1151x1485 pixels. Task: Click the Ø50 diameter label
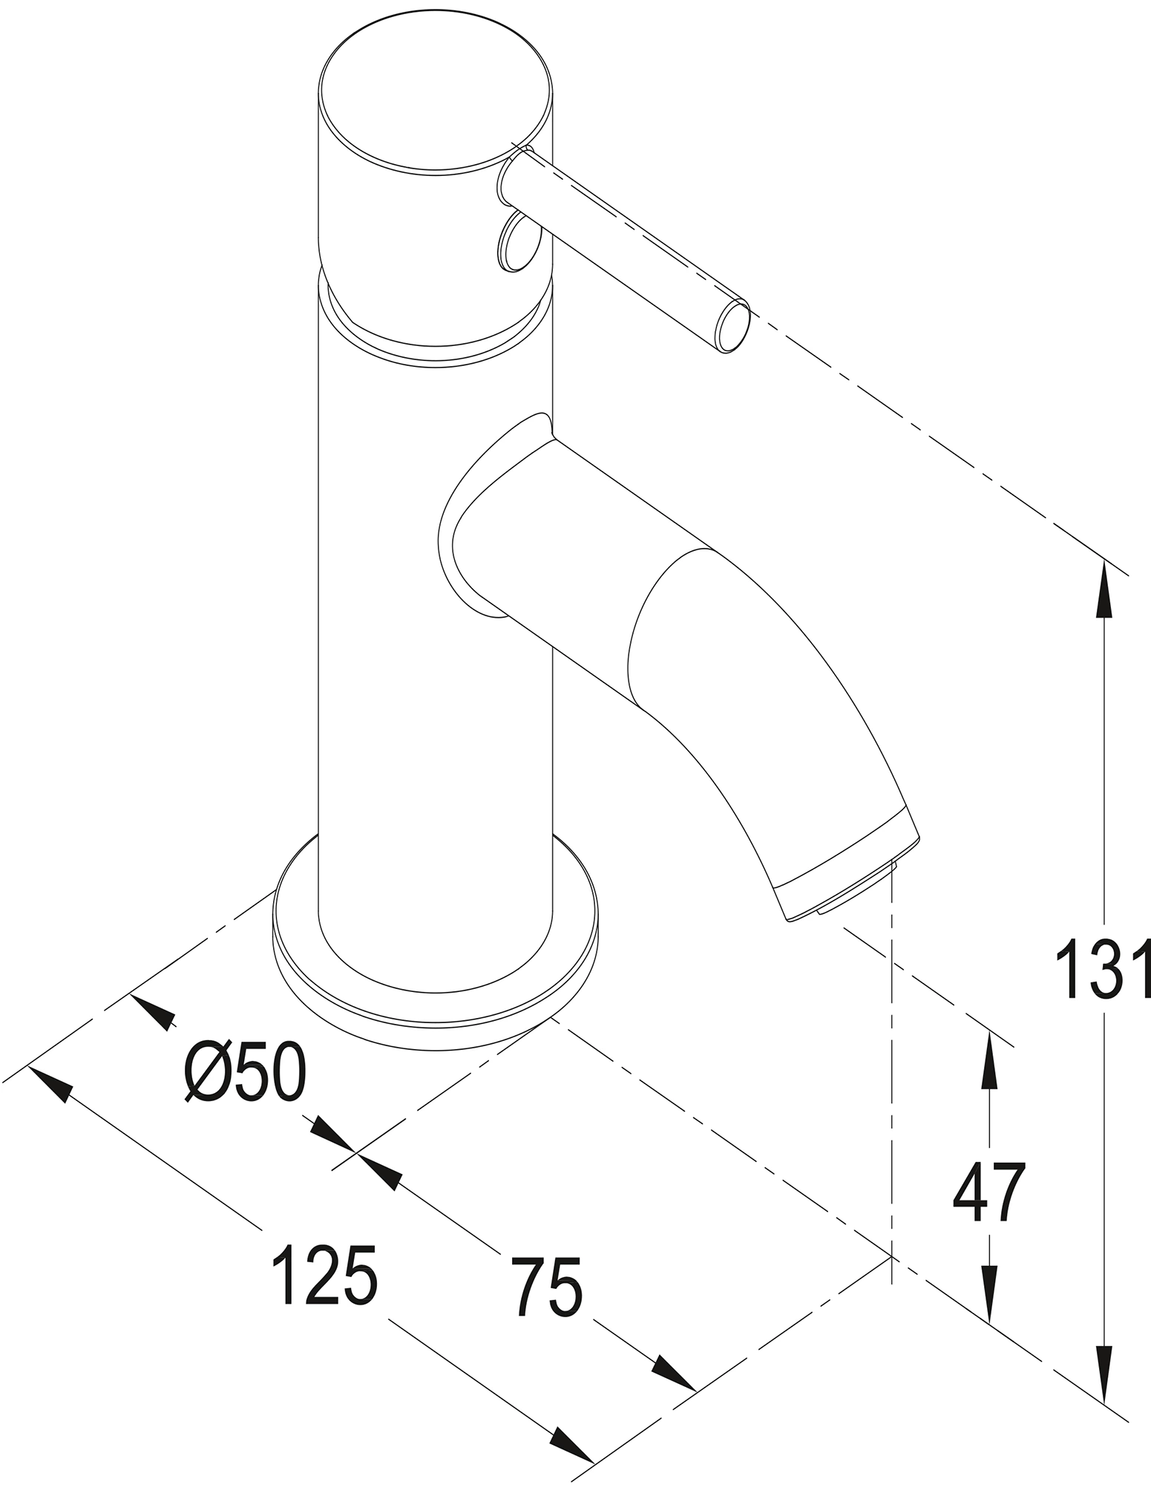tap(245, 1072)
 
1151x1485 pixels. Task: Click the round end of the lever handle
tap(732, 326)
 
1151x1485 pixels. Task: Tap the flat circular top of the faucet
tap(436, 97)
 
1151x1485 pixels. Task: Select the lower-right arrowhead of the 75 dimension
tap(674, 1373)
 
